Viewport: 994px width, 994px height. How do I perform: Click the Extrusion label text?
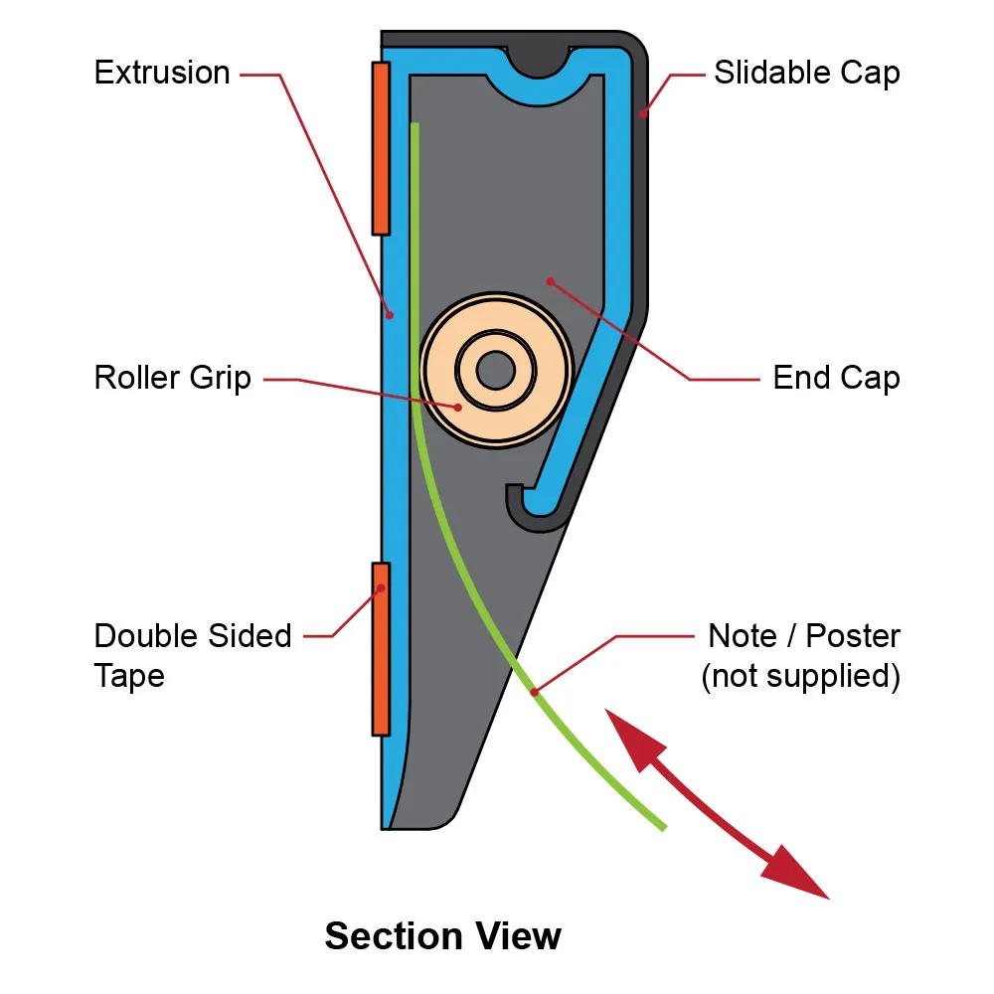162,74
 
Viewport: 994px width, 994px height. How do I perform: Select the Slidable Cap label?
807,74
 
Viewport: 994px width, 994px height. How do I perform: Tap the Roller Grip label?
173,379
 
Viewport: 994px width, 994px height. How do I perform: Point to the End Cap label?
836,379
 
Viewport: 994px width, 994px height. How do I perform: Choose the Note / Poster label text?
803,636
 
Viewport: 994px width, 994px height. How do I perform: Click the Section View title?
443,936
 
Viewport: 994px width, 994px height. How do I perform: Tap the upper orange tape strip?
380,148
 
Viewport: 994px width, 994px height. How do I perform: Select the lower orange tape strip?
380,649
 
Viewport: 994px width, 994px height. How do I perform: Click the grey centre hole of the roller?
495,371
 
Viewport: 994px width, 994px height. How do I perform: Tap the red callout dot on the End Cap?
550,281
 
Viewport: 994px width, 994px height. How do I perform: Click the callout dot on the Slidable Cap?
644,115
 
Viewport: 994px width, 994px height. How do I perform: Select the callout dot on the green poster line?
534,691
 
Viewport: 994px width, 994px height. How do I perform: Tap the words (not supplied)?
801,676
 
